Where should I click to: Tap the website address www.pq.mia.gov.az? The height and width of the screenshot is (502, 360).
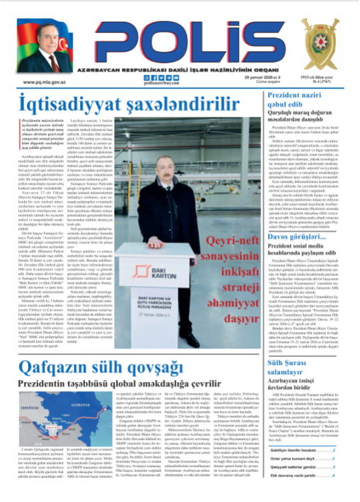tap(44, 83)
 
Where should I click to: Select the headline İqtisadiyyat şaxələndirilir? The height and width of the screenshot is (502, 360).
tap(120, 104)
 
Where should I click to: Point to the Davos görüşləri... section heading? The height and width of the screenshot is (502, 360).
tap(296, 253)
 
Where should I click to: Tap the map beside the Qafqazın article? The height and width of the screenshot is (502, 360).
tap(50, 420)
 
